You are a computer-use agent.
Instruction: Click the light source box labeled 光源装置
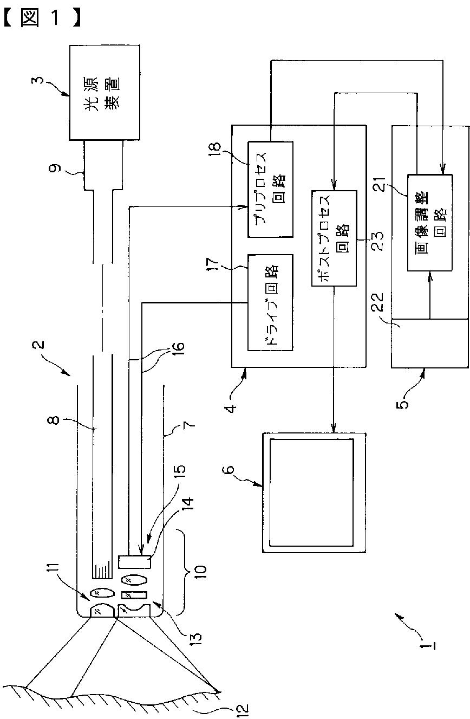click(105, 93)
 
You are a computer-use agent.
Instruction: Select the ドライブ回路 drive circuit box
click(270, 302)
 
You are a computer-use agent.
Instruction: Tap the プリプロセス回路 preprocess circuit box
click(270, 190)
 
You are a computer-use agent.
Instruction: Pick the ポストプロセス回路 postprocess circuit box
click(334, 238)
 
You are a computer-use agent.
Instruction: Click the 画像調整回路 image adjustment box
click(430, 223)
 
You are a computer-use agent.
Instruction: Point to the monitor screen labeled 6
click(314, 493)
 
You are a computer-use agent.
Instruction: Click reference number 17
click(213, 263)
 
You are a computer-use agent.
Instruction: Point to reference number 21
click(382, 184)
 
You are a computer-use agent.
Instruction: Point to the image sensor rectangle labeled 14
click(134, 562)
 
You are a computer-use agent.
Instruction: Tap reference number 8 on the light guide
click(55, 420)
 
